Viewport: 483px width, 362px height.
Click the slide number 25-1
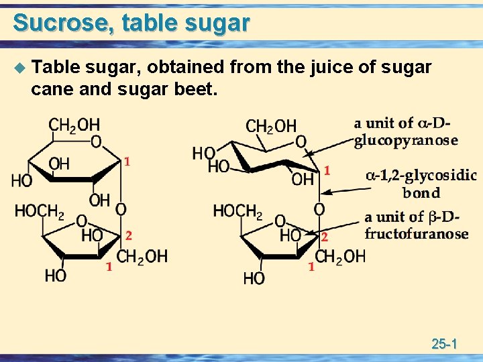click(x=444, y=345)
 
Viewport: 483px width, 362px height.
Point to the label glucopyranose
click(x=406, y=140)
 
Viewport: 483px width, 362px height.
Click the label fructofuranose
click(x=417, y=234)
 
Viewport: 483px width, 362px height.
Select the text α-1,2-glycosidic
click(x=421, y=176)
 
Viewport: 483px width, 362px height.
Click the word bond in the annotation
click(x=421, y=194)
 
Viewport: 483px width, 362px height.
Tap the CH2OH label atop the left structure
click(x=74, y=125)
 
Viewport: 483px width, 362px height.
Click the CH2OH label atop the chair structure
click(x=271, y=126)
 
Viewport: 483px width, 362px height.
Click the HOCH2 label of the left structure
click(x=40, y=212)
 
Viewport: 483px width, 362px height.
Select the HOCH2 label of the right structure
click(x=237, y=212)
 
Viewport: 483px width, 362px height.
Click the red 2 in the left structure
click(x=128, y=235)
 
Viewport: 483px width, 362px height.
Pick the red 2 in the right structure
click(x=324, y=237)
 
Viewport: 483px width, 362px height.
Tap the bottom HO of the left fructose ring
click(x=55, y=276)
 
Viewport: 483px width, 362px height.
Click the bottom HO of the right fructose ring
click(x=254, y=278)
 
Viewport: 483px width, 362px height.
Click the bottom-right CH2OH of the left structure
click(x=142, y=256)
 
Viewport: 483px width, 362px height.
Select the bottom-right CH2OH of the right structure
click(x=340, y=256)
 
